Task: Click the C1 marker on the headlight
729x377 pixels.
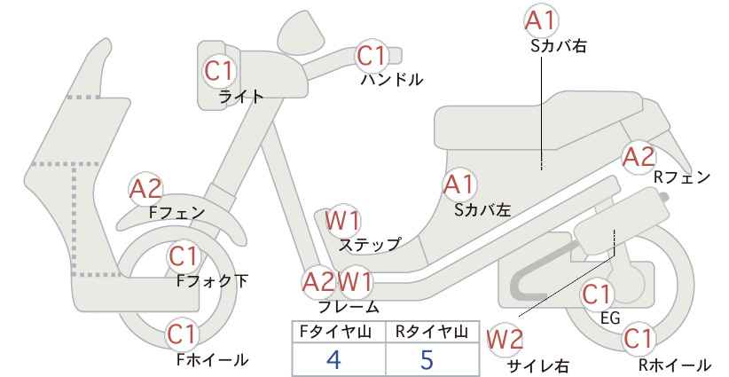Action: tap(218, 71)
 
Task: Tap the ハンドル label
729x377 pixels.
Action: tap(392, 80)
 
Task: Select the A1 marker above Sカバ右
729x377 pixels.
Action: tap(541, 21)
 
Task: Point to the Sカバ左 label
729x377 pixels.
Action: tap(482, 210)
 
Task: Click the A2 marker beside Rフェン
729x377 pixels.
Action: tap(639, 157)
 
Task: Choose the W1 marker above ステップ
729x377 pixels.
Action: tap(342, 220)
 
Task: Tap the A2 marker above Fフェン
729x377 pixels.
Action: tap(146, 189)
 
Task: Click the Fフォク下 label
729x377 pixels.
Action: tap(212, 281)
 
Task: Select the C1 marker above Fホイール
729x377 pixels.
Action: tap(184, 334)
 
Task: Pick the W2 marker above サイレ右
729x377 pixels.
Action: tap(505, 340)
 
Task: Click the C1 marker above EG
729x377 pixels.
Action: tap(596, 295)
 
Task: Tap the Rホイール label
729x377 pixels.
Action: tap(674, 365)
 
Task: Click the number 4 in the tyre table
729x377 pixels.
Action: tap(333, 359)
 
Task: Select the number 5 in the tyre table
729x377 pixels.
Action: tap(427, 359)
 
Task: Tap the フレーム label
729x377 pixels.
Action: tap(349, 307)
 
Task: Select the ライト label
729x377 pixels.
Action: tap(241, 97)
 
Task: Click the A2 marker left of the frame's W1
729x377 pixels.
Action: tap(318, 282)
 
